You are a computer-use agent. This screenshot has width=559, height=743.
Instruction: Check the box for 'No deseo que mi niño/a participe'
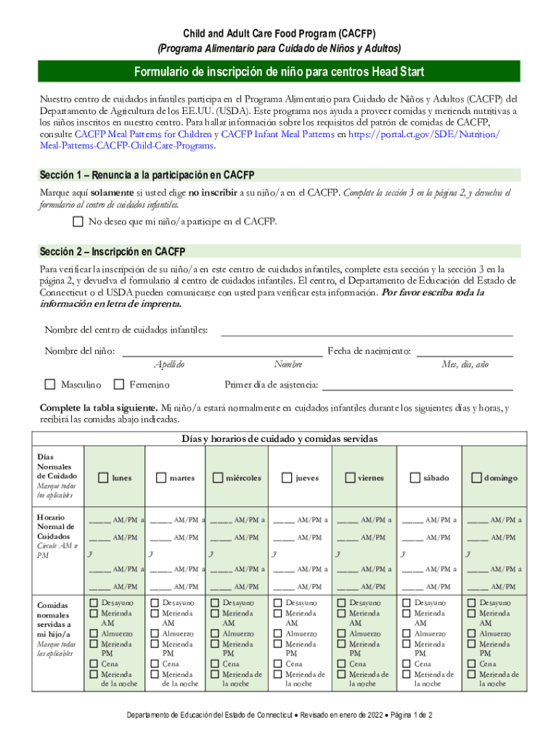[78, 221]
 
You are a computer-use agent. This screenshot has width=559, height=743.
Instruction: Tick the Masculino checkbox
[50, 384]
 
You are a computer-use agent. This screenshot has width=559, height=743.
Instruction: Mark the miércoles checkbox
[217, 477]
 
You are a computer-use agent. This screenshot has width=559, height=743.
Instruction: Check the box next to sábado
[415, 477]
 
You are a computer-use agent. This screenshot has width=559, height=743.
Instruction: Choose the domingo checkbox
[476, 477]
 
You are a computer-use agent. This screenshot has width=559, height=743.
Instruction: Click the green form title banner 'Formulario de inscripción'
[279, 72]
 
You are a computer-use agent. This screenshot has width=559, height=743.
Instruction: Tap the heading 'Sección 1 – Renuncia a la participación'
[146, 175]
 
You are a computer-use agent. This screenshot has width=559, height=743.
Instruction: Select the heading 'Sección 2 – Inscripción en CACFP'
[113, 252]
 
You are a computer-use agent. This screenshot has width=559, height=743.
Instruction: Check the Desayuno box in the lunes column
[94, 603]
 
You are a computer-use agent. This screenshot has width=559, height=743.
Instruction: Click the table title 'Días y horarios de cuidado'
[279, 438]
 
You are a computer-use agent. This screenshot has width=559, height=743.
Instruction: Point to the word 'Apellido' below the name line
[169, 364]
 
